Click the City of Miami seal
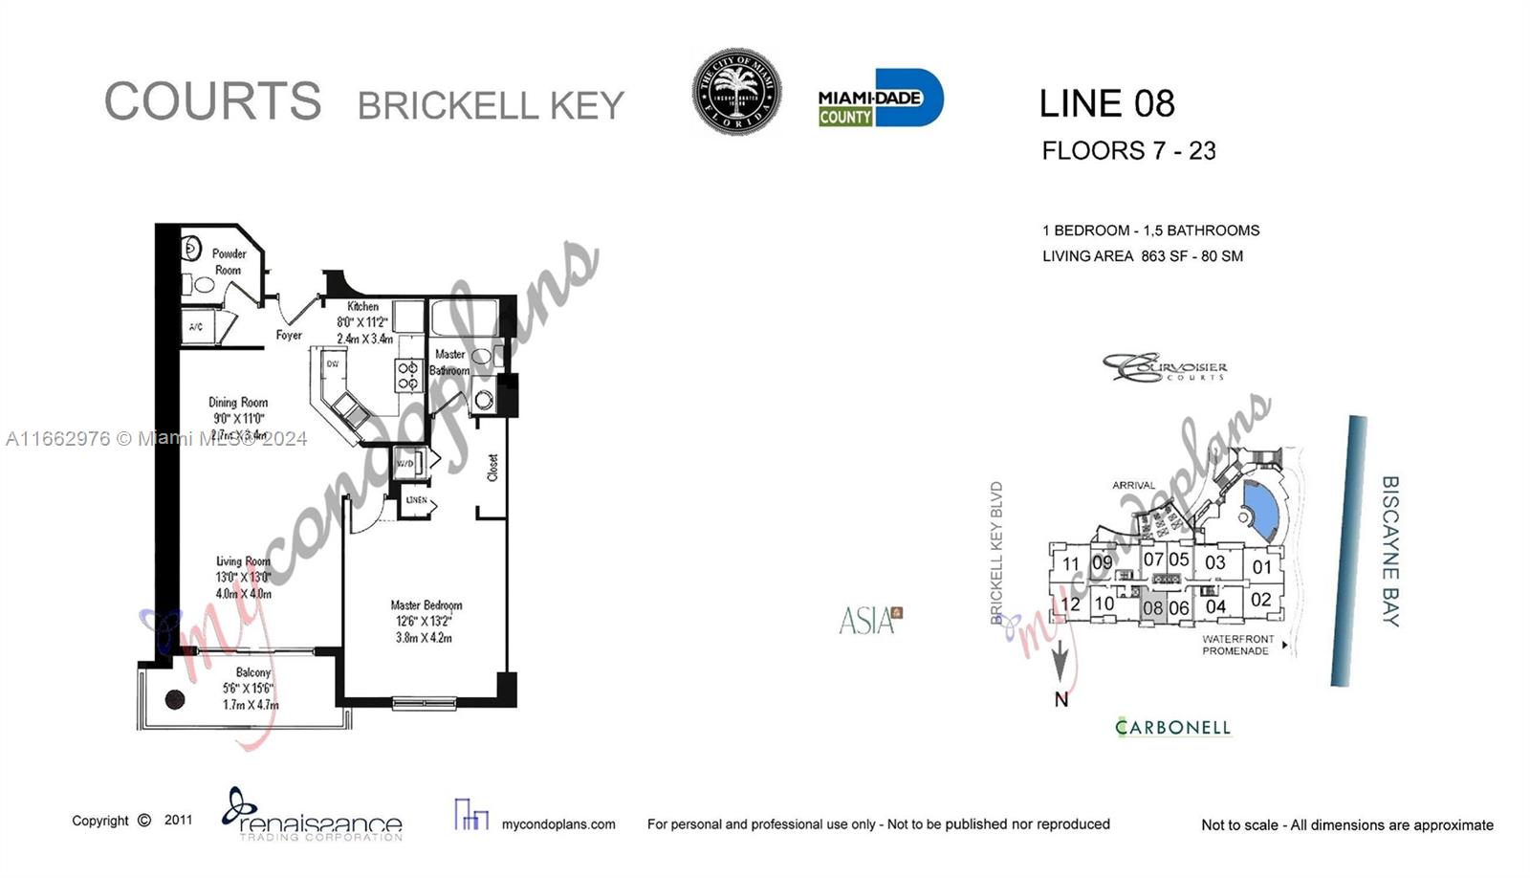pyautogui.click(x=736, y=92)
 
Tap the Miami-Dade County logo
pyautogui.click(x=880, y=98)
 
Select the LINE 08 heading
pyautogui.click(x=1106, y=103)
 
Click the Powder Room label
pyautogui.click(x=229, y=262)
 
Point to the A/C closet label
pyautogui.click(x=196, y=327)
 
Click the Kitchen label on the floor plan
pyautogui.click(x=362, y=306)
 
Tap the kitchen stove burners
pyautogui.click(x=408, y=375)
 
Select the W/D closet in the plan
pyautogui.click(x=405, y=464)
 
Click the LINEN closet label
pyautogui.click(x=417, y=500)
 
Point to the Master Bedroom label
pyautogui.click(x=426, y=605)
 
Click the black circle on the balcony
pyautogui.click(x=175, y=699)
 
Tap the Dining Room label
pyautogui.click(x=238, y=403)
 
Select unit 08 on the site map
pyautogui.click(x=1153, y=607)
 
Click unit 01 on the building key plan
pyautogui.click(x=1262, y=566)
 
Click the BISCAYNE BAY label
pyautogui.click(x=1390, y=551)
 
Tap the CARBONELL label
pyautogui.click(x=1172, y=728)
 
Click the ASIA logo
pyautogui.click(x=868, y=621)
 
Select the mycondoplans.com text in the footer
pyautogui.click(x=558, y=824)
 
